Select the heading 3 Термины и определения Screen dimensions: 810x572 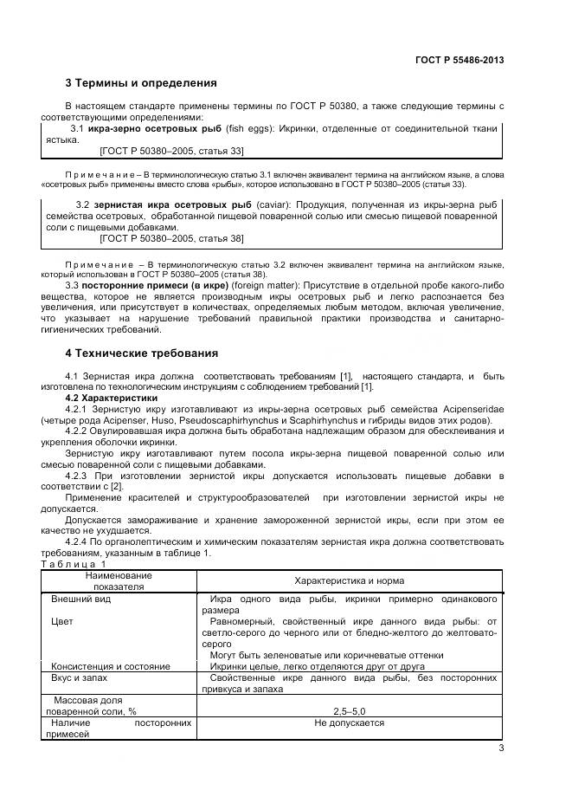(140, 83)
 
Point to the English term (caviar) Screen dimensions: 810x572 (274, 204)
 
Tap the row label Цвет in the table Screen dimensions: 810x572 (61, 621)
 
